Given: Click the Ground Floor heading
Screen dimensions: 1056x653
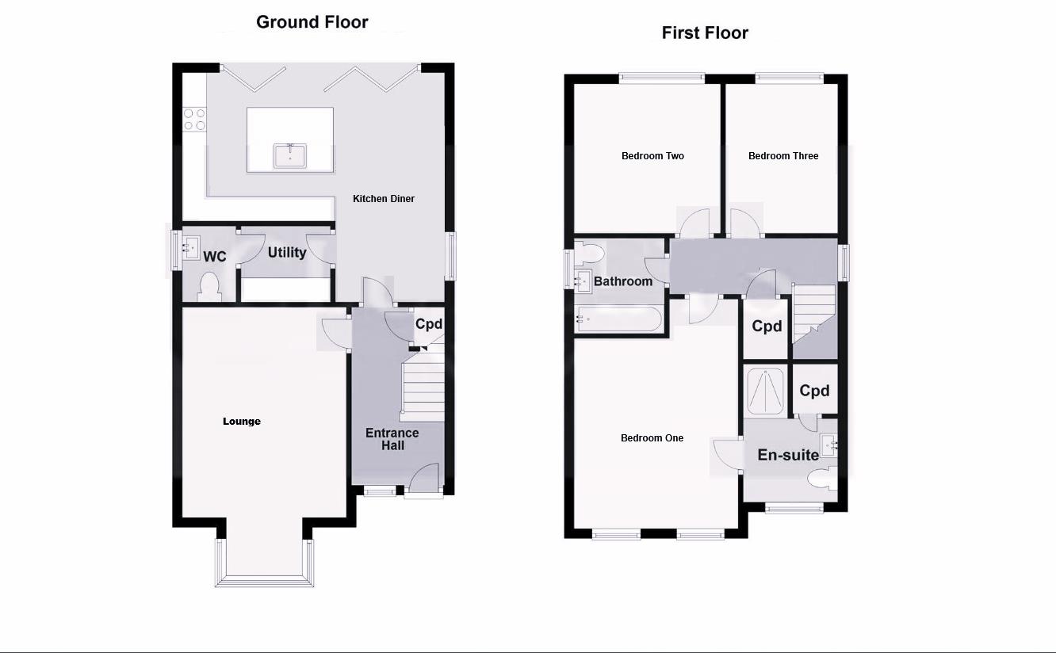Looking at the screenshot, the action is click(x=312, y=22).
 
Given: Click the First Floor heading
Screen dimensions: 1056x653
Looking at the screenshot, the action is click(x=705, y=33).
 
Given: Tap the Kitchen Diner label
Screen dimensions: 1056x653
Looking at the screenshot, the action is click(x=384, y=199).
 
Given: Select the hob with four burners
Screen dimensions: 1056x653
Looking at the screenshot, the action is click(x=195, y=119).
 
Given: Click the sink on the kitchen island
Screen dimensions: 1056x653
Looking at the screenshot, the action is click(x=290, y=156).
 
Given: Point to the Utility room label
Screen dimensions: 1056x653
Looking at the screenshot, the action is click(x=287, y=253).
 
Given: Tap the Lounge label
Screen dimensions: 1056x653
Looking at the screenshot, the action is click(x=242, y=421).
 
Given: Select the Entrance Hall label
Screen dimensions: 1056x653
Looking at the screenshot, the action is click(x=392, y=439).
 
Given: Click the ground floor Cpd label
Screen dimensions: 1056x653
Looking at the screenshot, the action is click(x=429, y=324).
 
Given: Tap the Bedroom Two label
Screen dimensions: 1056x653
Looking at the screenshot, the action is click(x=652, y=156).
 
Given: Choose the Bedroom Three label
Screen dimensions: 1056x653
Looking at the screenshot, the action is click(x=783, y=156).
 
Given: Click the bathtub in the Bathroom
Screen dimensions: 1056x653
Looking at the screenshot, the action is click(x=619, y=319).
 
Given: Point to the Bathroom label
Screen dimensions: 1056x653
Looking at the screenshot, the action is click(x=623, y=281).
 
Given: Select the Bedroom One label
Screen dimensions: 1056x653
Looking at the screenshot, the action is click(x=652, y=438).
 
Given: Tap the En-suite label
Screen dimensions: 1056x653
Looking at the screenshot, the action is click(x=788, y=455).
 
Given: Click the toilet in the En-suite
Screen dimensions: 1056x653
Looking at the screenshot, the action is click(x=822, y=479).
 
